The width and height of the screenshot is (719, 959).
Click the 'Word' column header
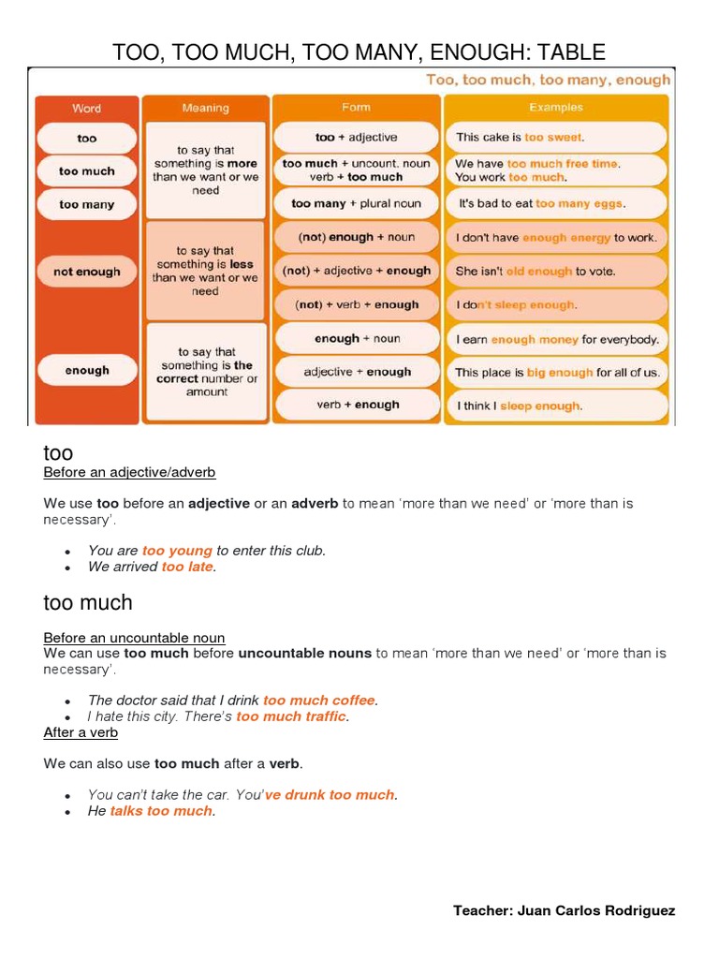[x=86, y=109]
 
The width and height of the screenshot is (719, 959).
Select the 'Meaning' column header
[x=205, y=109]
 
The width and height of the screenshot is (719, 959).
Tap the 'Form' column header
[x=356, y=108]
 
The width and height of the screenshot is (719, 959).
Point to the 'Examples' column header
[x=555, y=108]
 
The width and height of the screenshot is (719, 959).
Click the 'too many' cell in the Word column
[x=86, y=204]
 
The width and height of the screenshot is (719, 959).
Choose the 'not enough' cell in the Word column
[x=86, y=272]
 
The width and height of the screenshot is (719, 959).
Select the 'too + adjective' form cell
[x=356, y=138]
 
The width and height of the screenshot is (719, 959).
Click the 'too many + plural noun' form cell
[x=356, y=203]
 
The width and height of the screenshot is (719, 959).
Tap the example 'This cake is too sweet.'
[x=555, y=138]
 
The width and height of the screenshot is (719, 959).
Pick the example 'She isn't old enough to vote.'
[x=555, y=272]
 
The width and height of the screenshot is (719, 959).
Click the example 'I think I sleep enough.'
[x=555, y=406]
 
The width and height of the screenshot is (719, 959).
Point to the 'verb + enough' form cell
[x=356, y=405]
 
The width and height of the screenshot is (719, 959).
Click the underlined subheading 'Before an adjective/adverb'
[x=129, y=472]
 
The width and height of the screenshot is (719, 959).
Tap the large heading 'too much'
[x=88, y=602]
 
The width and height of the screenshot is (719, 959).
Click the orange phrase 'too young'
[x=177, y=551]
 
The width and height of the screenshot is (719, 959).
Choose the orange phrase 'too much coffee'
[x=319, y=701]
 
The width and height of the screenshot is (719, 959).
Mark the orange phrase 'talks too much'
[x=161, y=811]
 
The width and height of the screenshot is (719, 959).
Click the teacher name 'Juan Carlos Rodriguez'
[x=595, y=910]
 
